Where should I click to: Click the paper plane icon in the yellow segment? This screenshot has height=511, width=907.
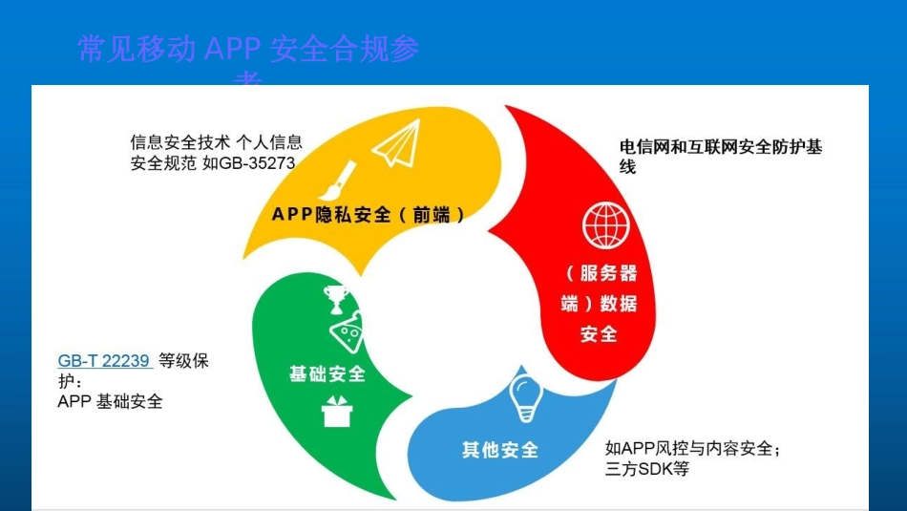(x=395, y=147)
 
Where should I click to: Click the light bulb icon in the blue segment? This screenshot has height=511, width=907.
(x=526, y=397)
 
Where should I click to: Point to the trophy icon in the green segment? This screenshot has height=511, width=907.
(x=336, y=297)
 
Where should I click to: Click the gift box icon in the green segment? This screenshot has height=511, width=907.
(x=337, y=414)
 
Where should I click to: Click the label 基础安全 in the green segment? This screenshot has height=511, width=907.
(x=327, y=373)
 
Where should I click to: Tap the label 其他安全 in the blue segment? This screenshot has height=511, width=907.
(x=500, y=449)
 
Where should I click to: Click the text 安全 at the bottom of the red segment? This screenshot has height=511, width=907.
(x=599, y=334)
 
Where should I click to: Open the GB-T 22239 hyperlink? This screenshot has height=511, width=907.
(x=104, y=361)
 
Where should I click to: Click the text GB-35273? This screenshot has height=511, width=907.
(x=258, y=162)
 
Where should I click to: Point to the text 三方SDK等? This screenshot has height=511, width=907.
(x=646, y=469)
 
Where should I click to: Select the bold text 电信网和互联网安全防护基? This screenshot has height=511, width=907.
(x=721, y=147)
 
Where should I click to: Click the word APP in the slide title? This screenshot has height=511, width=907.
(x=233, y=50)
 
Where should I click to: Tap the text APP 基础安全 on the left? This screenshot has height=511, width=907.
(x=110, y=401)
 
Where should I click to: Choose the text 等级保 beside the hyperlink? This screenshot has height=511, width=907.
(x=183, y=361)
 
